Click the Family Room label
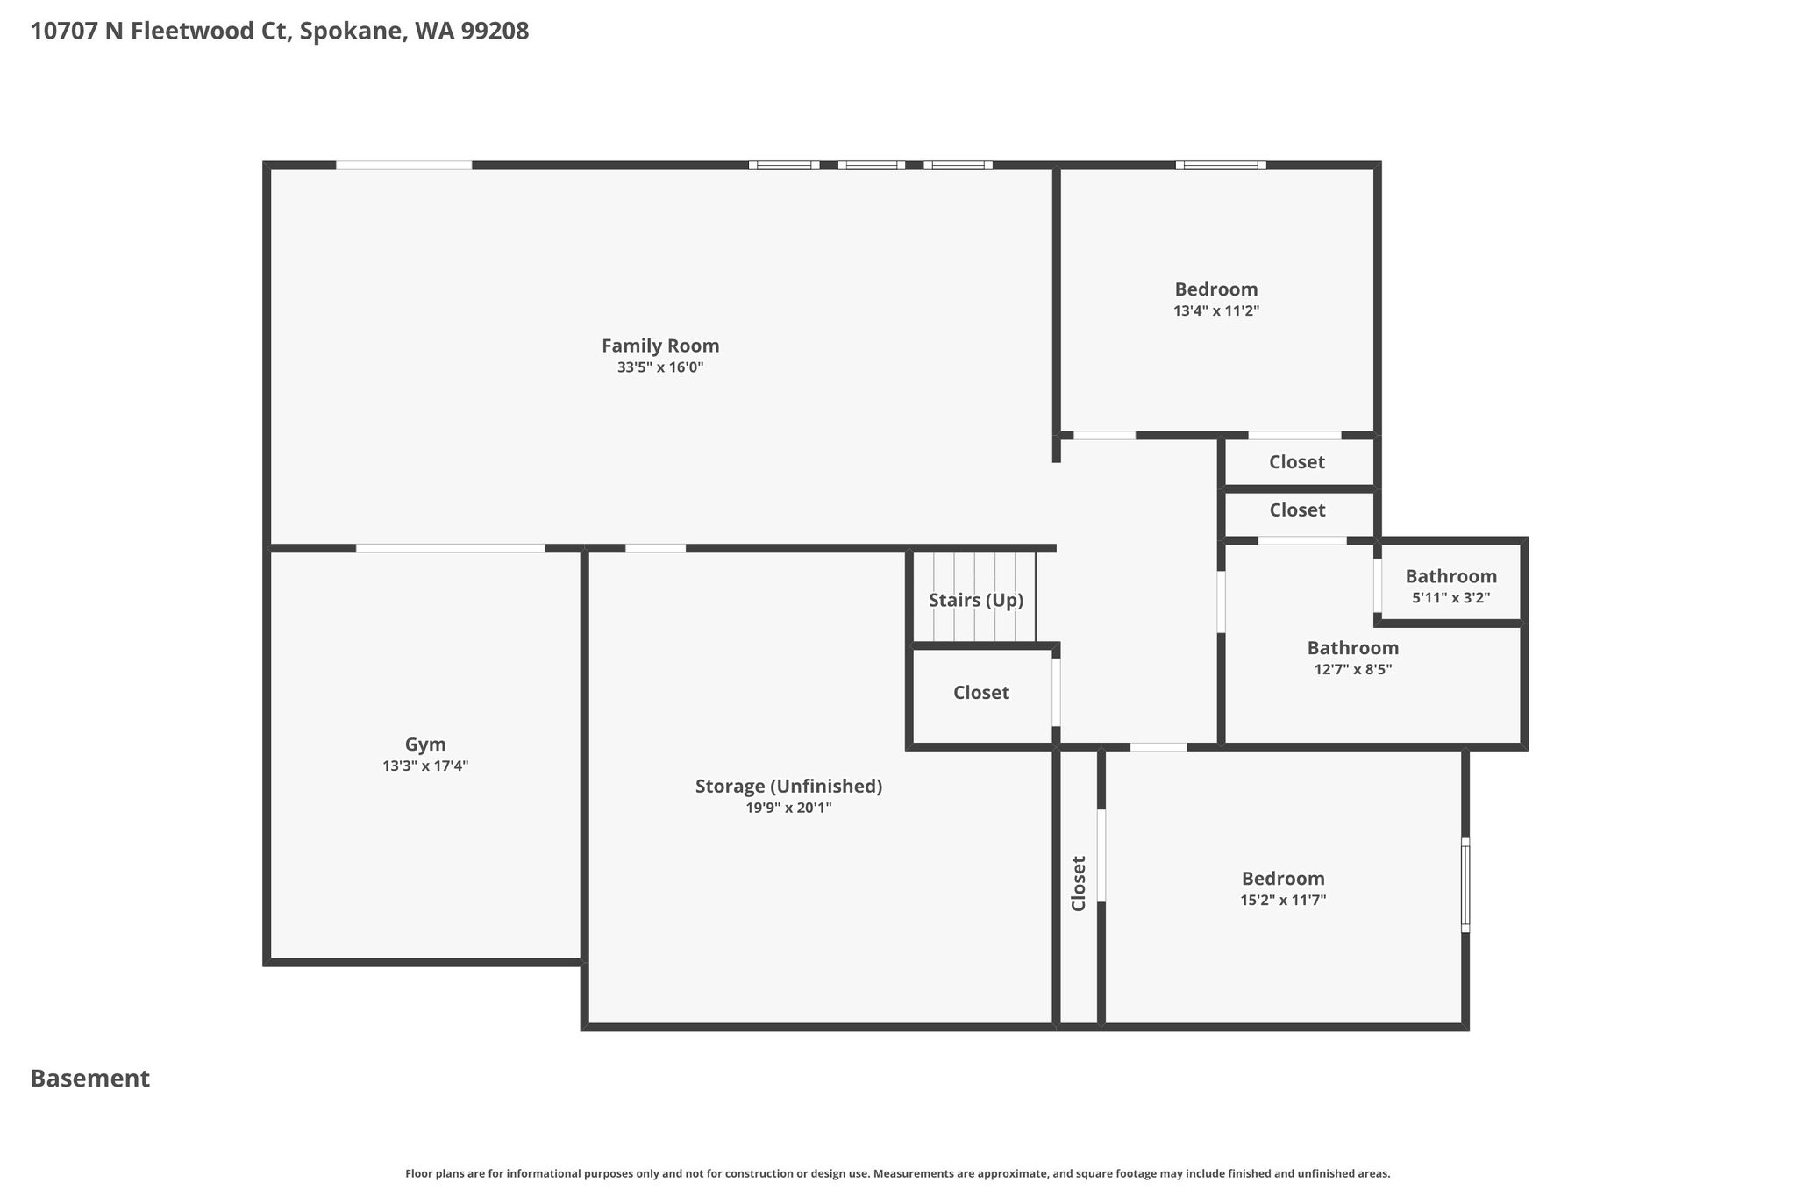(x=660, y=346)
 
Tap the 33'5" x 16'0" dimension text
(x=660, y=367)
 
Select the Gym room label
(x=425, y=745)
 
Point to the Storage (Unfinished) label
(x=788, y=787)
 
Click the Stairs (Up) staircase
(x=974, y=597)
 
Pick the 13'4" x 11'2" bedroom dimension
(x=1216, y=310)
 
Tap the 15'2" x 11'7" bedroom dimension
(x=1283, y=900)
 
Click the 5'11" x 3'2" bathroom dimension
(x=1451, y=598)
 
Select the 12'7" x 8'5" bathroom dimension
(x=1353, y=669)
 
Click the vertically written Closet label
(x=1079, y=883)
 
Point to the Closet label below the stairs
(x=981, y=693)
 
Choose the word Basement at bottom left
(x=90, y=1079)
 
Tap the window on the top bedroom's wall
(x=1221, y=165)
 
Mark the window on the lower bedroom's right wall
(x=1465, y=885)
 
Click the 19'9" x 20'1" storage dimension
(x=788, y=808)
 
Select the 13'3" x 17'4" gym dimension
(x=425, y=766)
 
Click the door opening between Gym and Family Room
(x=450, y=548)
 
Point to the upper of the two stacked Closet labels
(x=1297, y=462)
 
